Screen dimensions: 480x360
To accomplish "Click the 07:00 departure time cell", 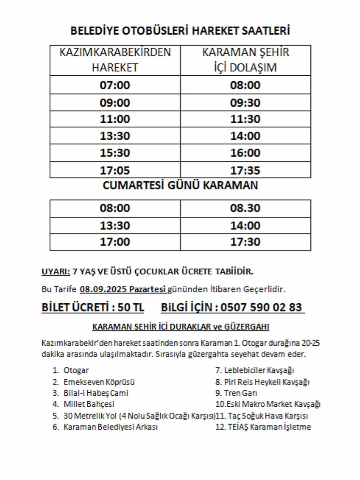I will click(115, 85).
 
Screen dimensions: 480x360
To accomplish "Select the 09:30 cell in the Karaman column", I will click(245, 103).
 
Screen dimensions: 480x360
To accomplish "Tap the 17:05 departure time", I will click(115, 170).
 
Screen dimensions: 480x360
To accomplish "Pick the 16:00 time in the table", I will click(245, 153).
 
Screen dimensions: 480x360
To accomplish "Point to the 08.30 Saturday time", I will click(245, 208).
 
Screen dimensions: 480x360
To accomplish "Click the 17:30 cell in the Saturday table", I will click(245, 242).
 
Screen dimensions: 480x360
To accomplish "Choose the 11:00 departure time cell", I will click(115, 119).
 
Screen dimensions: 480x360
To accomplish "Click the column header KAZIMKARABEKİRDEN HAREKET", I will click(115, 60).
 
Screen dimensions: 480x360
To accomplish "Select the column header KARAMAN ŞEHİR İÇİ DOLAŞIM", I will click(245, 60).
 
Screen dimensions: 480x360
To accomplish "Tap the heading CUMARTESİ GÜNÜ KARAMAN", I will click(180, 185).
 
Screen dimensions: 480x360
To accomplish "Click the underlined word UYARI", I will click(56, 272).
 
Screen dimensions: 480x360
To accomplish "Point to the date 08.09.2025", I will click(103, 289).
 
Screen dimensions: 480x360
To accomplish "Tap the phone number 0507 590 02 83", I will click(261, 307).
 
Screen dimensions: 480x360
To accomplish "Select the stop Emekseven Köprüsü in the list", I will click(99, 382).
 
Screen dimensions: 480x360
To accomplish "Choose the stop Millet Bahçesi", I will click(89, 404).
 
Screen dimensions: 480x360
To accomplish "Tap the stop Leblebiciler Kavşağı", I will click(259, 370).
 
